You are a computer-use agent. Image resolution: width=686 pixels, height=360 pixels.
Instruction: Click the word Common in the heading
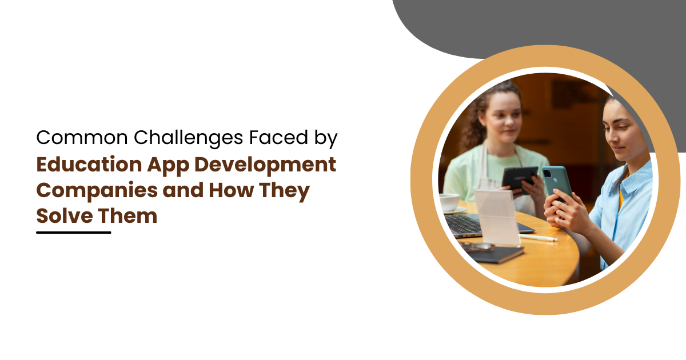[82, 138]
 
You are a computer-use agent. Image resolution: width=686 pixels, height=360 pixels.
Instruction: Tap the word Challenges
[188, 138]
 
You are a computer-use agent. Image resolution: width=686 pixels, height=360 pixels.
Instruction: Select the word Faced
[278, 137]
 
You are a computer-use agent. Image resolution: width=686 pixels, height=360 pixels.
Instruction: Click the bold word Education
[89, 165]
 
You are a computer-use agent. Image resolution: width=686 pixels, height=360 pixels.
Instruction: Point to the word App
[168, 166]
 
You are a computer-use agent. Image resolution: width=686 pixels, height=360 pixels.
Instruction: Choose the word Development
[265, 166]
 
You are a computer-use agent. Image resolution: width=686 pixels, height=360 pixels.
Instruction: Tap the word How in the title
[231, 190]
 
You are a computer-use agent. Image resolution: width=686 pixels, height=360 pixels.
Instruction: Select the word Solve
[65, 216]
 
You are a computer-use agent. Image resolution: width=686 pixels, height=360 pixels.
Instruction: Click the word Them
[127, 216]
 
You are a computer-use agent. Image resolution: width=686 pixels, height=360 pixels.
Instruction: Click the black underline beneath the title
[74, 233]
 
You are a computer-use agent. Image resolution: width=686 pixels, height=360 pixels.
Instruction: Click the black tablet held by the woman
[520, 179]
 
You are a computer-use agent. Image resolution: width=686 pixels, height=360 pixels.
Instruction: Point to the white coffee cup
[449, 202]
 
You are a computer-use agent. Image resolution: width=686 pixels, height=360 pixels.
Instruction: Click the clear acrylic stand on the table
[497, 218]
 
